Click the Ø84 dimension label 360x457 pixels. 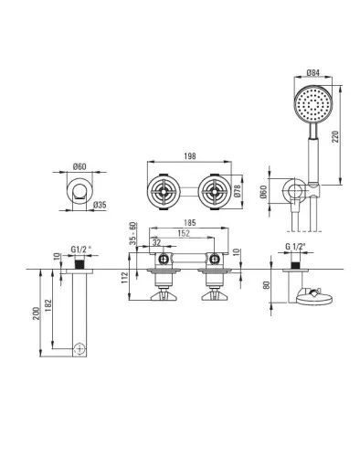(x=312, y=72)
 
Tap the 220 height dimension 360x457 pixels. (x=335, y=137)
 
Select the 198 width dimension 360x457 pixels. (x=190, y=156)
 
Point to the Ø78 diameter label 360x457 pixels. (x=238, y=191)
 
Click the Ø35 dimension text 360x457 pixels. (x=100, y=205)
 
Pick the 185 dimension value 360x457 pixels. (x=190, y=223)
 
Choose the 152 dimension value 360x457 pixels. (x=184, y=233)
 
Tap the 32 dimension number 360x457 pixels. (x=156, y=242)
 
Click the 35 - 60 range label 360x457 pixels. (x=132, y=233)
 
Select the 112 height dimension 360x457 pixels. (x=125, y=278)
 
